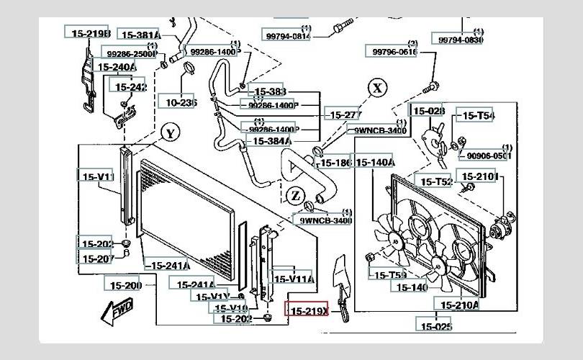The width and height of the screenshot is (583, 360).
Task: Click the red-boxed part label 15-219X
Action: pyautogui.click(x=307, y=310)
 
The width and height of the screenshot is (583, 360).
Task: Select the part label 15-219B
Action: pyautogui.click(x=88, y=33)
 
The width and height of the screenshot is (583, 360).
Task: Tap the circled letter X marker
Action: pyautogui.click(x=378, y=88)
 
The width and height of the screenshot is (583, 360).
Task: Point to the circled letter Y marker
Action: pyautogui.click(x=170, y=133)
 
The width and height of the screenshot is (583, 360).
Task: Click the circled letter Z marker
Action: pyautogui.click(x=295, y=195)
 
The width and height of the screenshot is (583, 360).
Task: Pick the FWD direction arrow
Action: pyautogui.click(x=117, y=311)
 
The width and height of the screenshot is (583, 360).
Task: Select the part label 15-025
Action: pyautogui.click(x=435, y=325)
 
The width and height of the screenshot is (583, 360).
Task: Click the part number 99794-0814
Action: pyautogui.click(x=287, y=36)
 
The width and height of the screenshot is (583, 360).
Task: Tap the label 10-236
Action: pyautogui.click(x=177, y=103)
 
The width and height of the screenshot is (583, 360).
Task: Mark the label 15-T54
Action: pyautogui.click(x=478, y=115)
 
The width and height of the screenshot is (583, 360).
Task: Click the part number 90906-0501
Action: pyautogui.click(x=489, y=156)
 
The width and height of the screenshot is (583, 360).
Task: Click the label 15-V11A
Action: pyautogui.click(x=292, y=279)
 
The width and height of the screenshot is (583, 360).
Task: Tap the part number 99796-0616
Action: pyautogui.click(x=394, y=52)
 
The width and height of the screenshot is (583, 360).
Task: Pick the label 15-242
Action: pyautogui.click(x=128, y=87)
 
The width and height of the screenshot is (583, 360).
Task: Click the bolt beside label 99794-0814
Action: pyautogui.click(x=338, y=30)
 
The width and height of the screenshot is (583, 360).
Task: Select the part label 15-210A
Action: pyautogui.click(x=459, y=305)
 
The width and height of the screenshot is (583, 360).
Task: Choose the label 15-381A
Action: pyautogui.click(x=140, y=35)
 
